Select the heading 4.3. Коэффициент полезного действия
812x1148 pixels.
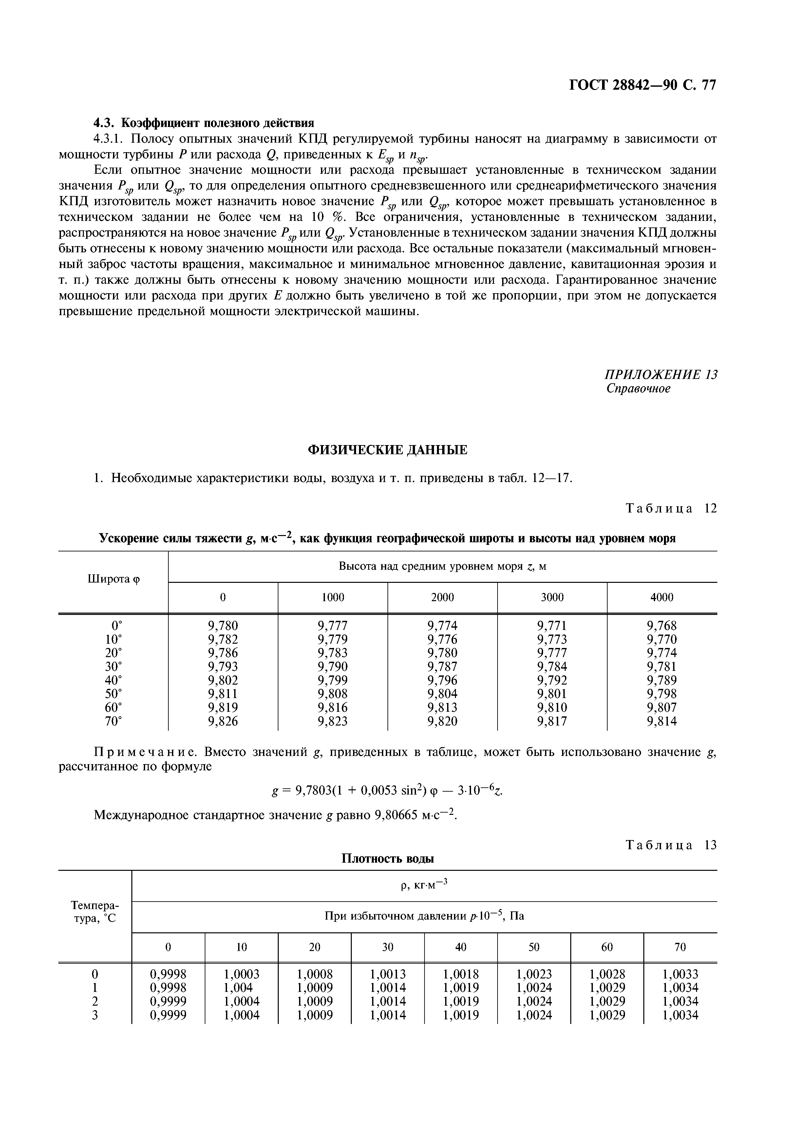click(204, 123)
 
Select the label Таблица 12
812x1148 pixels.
click(671, 509)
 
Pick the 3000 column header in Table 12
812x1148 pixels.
click(552, 597)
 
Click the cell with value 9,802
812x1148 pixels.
click(223, 680)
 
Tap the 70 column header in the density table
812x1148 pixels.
click(680, 947)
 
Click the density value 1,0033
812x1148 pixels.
click(680, 974)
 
